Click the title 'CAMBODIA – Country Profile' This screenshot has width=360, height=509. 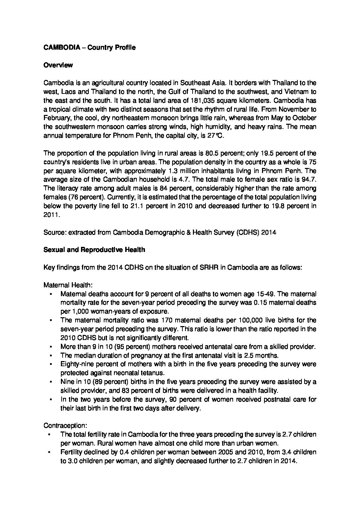click(x=89, y=48)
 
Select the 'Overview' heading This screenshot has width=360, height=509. click(x=58, y=65)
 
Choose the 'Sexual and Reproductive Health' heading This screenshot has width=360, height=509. click(x=94, y=250)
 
